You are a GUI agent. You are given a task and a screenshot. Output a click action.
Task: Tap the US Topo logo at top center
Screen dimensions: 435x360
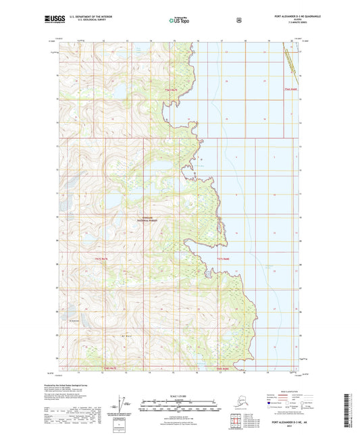tap(180, 20)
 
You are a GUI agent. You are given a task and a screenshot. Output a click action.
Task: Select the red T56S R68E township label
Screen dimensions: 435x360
tap(291, 88)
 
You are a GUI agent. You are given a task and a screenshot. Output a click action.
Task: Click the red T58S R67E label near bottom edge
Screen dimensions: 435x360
tap(110, 369)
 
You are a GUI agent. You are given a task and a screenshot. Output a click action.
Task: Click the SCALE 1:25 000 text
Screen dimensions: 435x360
tap(179, 395)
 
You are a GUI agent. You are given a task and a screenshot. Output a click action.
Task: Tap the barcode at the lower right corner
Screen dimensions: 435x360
tap(352, 409)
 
